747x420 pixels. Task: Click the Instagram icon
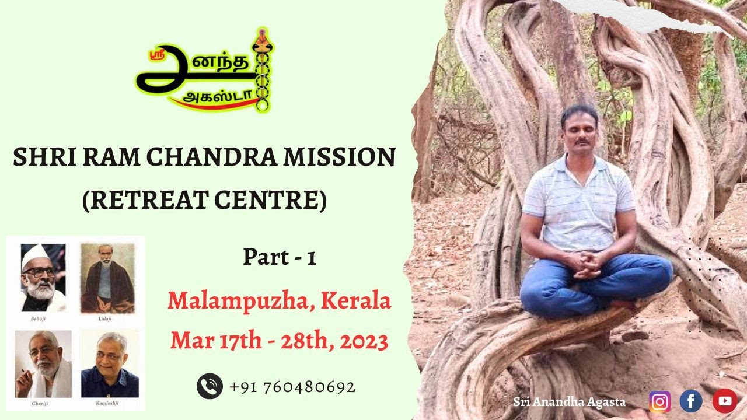click(659, 401)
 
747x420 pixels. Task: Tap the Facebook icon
click(691, 401)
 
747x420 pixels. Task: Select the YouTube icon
click(724, 401)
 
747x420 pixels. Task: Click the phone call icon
click(209, 386)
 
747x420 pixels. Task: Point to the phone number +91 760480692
click(292, 387)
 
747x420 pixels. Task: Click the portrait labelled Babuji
click(43, 278)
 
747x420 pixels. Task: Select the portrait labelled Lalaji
click(107, 278)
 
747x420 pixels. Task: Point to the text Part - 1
click(280, 257)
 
